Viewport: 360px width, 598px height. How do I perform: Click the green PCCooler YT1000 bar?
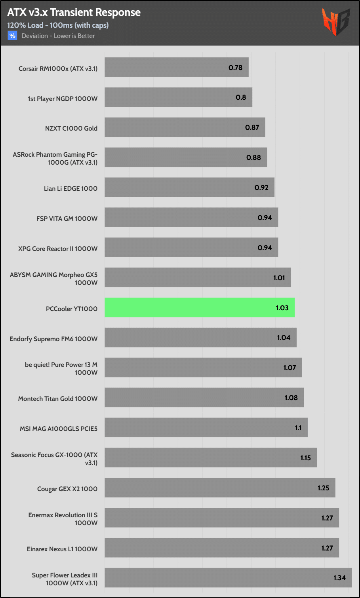click(200, 308)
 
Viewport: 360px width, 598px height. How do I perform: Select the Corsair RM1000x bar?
click(176, 67)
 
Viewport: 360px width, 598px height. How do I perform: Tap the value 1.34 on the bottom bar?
click(339, 578)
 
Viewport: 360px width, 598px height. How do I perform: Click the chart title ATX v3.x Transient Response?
click(74, 13)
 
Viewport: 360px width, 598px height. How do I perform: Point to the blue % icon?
click(12, 36)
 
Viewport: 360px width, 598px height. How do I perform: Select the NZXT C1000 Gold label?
click(71, 128)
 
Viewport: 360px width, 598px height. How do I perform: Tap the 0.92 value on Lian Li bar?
click(261, 188)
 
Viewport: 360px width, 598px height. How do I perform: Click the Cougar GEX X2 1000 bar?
click(220, 488)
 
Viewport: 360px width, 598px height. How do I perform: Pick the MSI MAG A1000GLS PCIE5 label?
click(59, 429)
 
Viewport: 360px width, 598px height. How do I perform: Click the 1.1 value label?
click(298, 428)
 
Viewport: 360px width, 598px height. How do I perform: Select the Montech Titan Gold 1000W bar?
click(204, 397)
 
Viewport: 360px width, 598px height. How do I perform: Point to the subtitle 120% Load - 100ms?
click(58, 25)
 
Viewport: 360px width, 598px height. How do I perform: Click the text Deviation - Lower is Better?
click(58, 36)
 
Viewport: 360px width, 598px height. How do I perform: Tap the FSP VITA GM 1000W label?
click(67, 218)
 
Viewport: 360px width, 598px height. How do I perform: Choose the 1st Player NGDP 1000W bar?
click(178, 97)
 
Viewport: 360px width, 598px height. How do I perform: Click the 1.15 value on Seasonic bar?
click(305, 458)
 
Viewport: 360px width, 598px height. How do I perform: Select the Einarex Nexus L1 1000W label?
click(62, 549)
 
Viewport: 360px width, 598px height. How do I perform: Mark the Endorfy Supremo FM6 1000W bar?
click(200, 338)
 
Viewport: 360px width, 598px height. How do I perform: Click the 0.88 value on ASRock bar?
click(253, 158)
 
